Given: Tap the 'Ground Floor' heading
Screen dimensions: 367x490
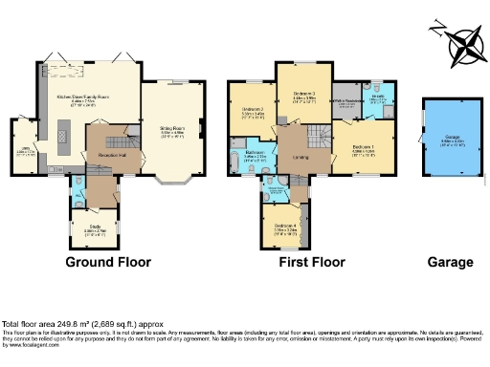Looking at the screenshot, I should tap(104, 262).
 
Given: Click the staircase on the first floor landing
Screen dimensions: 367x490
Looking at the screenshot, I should tap(317, 133).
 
